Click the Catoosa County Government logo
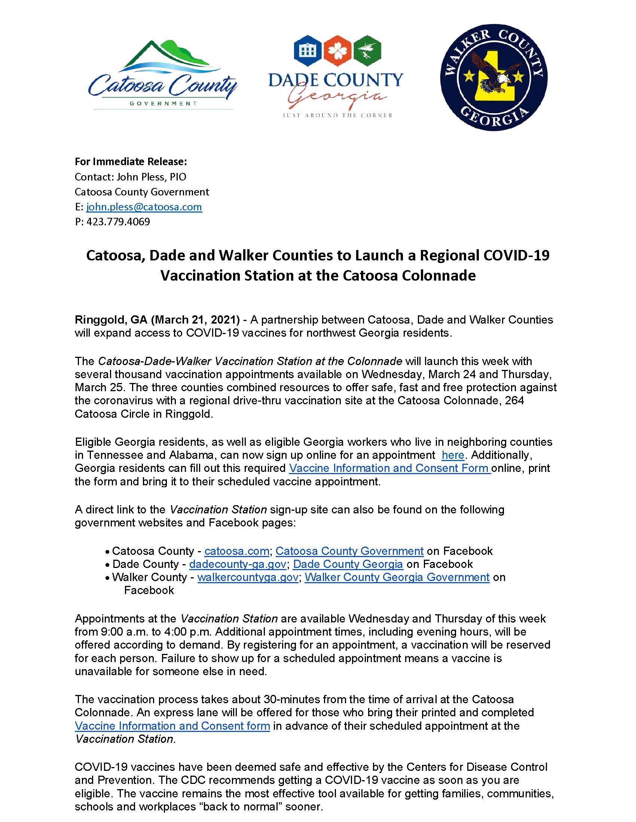163,75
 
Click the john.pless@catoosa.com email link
144,207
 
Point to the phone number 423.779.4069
118,222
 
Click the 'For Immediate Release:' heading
131,161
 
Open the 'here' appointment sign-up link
453,455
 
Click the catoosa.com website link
236,551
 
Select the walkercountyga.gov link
248,577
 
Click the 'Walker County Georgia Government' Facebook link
397,577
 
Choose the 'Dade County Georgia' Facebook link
348,564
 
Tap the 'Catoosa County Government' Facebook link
349,551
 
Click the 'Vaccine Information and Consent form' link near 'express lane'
172,726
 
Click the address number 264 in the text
514,401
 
